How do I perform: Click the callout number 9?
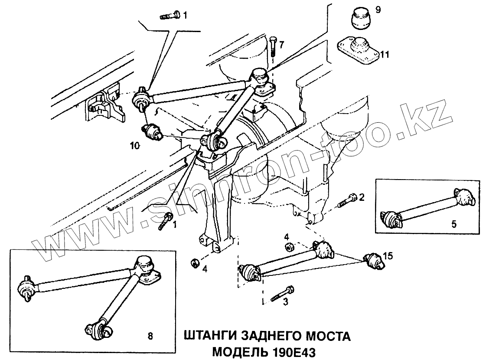[378, 10]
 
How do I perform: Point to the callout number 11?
[385, 55]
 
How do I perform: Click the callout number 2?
[362, 198]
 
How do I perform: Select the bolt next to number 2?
[348, 200]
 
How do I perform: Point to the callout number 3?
[285, 302]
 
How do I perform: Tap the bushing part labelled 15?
[373, 261]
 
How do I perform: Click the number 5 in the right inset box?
[453, 224]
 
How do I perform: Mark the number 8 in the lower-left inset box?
[150, 335]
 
